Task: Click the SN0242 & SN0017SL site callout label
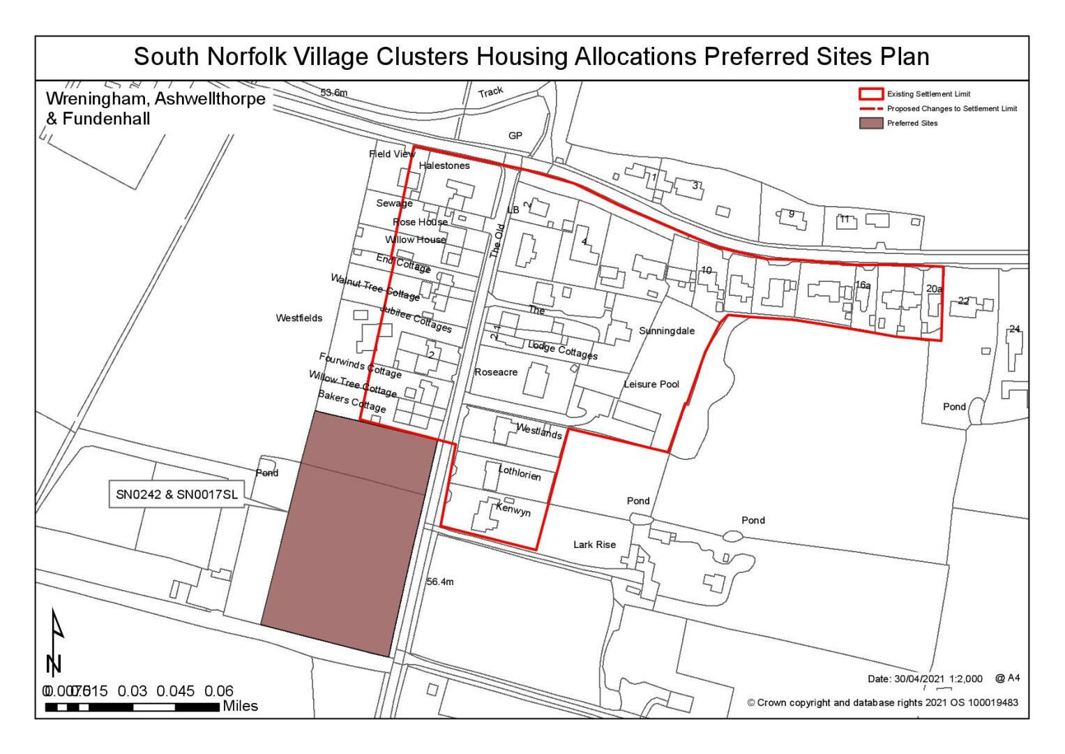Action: click(178, 495)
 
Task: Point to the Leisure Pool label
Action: click(651, 385)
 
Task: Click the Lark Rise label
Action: click(594, 545)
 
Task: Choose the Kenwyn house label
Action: click(513, 510)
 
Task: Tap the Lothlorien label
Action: click(520, 473)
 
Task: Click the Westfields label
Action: click(299, 318)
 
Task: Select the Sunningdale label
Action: click(667, 331)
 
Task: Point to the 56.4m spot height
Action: click(439, 582)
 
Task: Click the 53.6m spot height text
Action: click(333, 93)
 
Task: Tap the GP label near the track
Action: click(515, 135)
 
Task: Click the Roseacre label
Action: click(496, 372)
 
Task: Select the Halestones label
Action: click(444, 166)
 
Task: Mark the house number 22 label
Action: click(963, 301)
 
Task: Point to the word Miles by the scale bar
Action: click(240, 707)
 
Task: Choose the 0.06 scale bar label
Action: click(219, 691)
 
